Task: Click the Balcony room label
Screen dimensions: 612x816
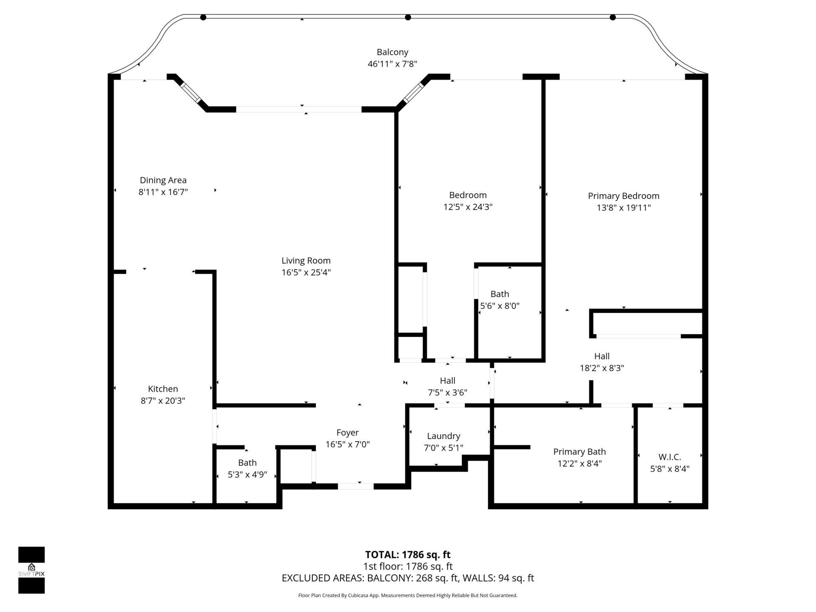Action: pos(392,52)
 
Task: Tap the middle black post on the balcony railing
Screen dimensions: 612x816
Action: pos(408,17)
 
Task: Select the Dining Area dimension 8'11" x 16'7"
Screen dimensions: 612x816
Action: pos(163,192)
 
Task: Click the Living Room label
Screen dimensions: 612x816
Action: pos(306,261)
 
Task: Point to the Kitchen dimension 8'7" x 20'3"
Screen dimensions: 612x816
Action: pos(163,401)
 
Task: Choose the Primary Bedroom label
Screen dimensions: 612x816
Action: pos(623,196)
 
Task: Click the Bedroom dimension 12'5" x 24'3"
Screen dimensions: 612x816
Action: pos(467,207)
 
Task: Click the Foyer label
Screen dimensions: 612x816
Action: pos(348,433)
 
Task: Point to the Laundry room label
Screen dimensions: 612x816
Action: pos(444,436)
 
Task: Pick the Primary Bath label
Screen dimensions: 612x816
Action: pos(579,452)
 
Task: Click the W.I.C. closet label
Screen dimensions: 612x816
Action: pos(670,457)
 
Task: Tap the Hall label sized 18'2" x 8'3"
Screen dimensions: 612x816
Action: pos(602,357)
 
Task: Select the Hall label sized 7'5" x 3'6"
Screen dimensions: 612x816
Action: pos(448,381)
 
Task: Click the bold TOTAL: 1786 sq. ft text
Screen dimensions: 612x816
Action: pos(408,555)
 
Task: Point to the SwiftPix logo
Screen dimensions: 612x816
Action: pos(31,570)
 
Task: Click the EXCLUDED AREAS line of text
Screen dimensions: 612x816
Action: pos(408,578)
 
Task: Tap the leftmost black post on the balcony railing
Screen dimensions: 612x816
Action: pos(203,17)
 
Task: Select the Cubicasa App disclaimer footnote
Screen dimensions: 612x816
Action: pos(408,595)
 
